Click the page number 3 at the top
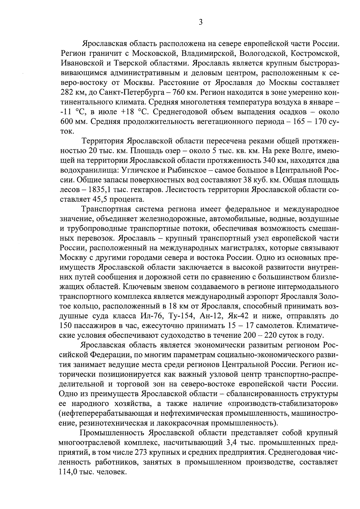coord(200,22)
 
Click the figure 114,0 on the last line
coord(69,472)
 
